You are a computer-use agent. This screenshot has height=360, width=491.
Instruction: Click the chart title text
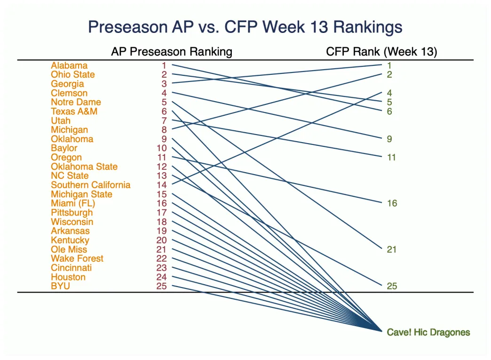(245, 27)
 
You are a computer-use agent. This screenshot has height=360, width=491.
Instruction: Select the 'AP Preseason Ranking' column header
(171, 52)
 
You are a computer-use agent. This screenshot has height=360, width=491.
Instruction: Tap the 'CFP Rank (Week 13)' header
(381, 52)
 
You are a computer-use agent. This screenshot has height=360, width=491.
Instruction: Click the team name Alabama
(69, 65)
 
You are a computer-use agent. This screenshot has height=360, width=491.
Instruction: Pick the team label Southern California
(91, 185)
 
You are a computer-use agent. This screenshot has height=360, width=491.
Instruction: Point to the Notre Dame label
(76, 102)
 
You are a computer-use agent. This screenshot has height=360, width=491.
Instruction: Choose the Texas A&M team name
(74, 112)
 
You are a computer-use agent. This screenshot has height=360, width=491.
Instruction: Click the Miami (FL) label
(73, 203)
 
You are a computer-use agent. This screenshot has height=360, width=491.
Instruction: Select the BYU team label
(61, 286)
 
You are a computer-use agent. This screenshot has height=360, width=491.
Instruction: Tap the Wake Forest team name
(77, 258)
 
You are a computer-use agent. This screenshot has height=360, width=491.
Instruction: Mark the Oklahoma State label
(84, 167)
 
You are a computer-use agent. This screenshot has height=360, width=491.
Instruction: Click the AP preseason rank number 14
(162, 185)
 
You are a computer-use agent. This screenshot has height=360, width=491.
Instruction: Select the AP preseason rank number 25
(162, 286)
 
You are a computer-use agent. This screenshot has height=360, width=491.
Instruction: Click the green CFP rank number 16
(392, 203)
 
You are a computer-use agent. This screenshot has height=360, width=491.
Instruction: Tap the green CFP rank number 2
(389, 74)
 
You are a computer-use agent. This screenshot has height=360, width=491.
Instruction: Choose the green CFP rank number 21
(392, 249)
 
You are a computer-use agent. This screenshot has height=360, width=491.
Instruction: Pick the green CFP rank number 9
(389, 139)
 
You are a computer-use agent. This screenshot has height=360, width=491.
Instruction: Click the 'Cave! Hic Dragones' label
(428, 332)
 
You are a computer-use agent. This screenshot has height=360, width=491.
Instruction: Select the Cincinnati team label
(71, 268)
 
